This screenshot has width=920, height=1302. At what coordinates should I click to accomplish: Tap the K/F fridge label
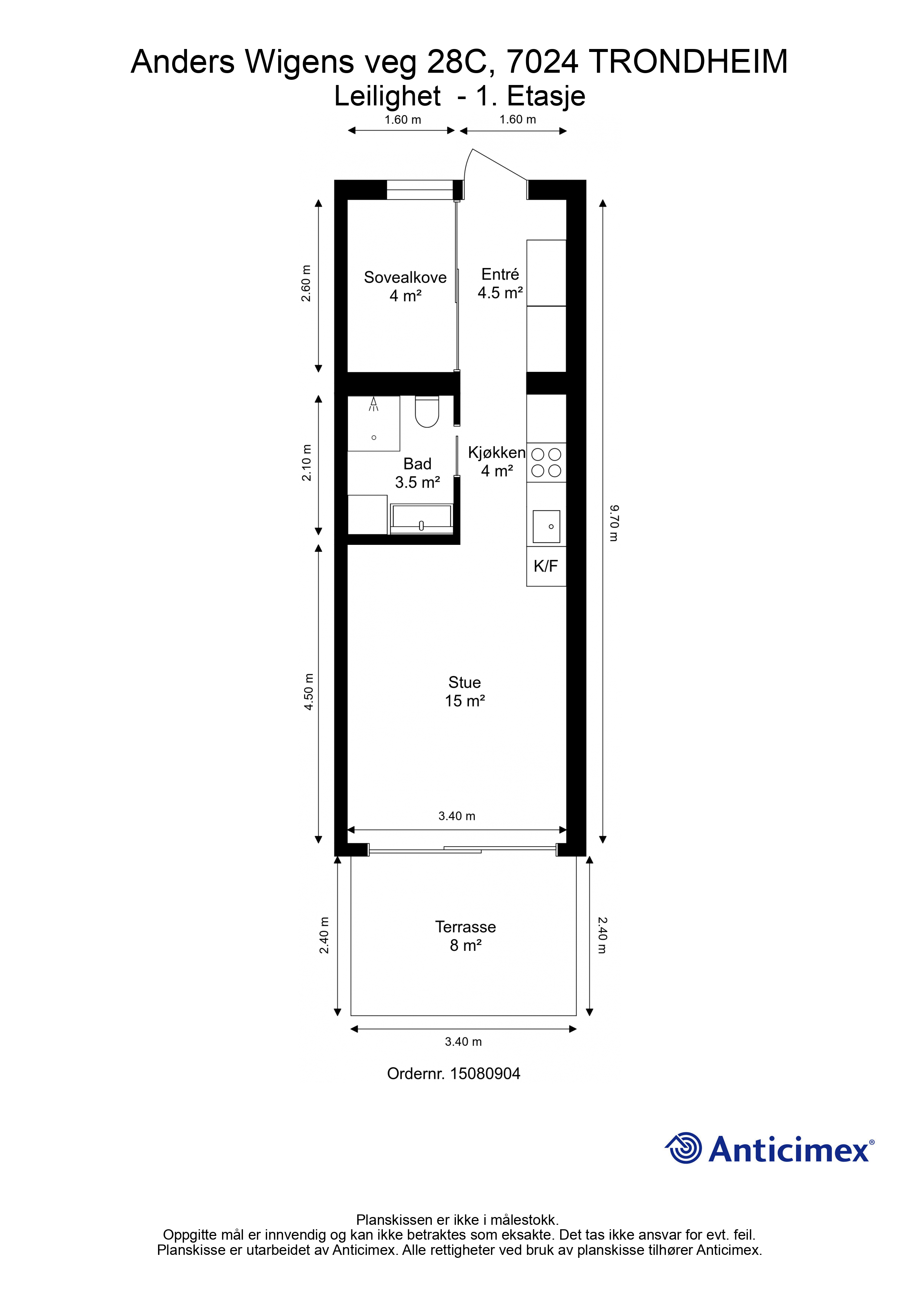(545, 566)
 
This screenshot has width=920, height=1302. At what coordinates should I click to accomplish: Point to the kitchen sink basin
(546, 526)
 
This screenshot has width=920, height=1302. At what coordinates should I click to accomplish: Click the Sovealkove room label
(405, 277)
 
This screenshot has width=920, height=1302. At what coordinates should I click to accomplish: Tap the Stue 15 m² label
(465, 691)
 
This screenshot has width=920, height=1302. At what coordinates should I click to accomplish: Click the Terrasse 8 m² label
(466, 936)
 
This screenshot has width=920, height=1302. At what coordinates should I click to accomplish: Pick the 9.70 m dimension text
(614, 523)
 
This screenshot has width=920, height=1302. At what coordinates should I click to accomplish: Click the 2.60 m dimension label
(306, 283)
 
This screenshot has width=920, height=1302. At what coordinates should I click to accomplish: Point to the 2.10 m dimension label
(306, 463)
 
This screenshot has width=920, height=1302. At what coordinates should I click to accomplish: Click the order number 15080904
(485, 1073)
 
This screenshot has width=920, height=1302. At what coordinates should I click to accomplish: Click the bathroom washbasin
(421, 519)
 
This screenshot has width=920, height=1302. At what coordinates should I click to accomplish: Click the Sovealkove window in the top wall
(420, 190)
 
